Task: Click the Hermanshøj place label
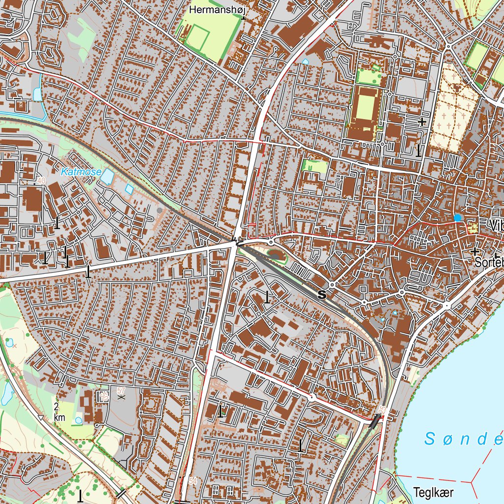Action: pyautogui.click(x=217, y=9)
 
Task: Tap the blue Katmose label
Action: pyautogui.click(x=81, y=172)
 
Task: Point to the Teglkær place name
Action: pyautogui.click(x=433, y=492)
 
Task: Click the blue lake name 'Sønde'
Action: pyautogui.click(x=463, y=439)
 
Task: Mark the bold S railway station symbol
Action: pyautogui.click(x=322, y=295)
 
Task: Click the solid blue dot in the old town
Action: pyautogui.click(x=458, y=217)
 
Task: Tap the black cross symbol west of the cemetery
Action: pyautogui.click(x=422, y=121)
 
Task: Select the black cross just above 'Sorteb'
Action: pyautogui.click(x=475, y=252)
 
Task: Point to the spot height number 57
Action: pyautogui.click(x=121, y=390)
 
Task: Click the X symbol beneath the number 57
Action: pyautogui.click(x=121, y=396)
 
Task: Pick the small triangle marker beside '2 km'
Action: pyautogui.click(x=41, y=418)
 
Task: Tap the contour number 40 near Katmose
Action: pyautogui.click(x=41, y=181)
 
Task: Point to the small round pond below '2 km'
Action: pyautogui.click(x=79, y=420)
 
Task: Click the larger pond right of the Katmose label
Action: pyautogui.click(x=106, y=176)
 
